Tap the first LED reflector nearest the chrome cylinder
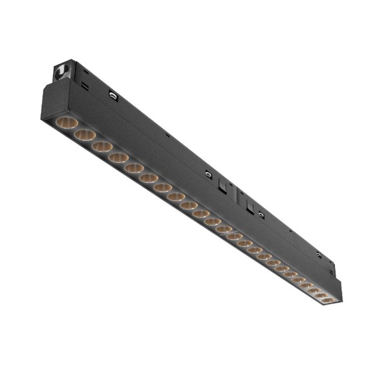[x=65, y=122]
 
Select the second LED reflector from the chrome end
[x=84, y=135]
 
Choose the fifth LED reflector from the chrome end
[x=134, y=168]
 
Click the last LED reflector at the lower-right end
[x=327, y=299]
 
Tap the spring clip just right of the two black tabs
[x=260, y=213]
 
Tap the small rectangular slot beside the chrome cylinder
[x=85, y=85]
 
